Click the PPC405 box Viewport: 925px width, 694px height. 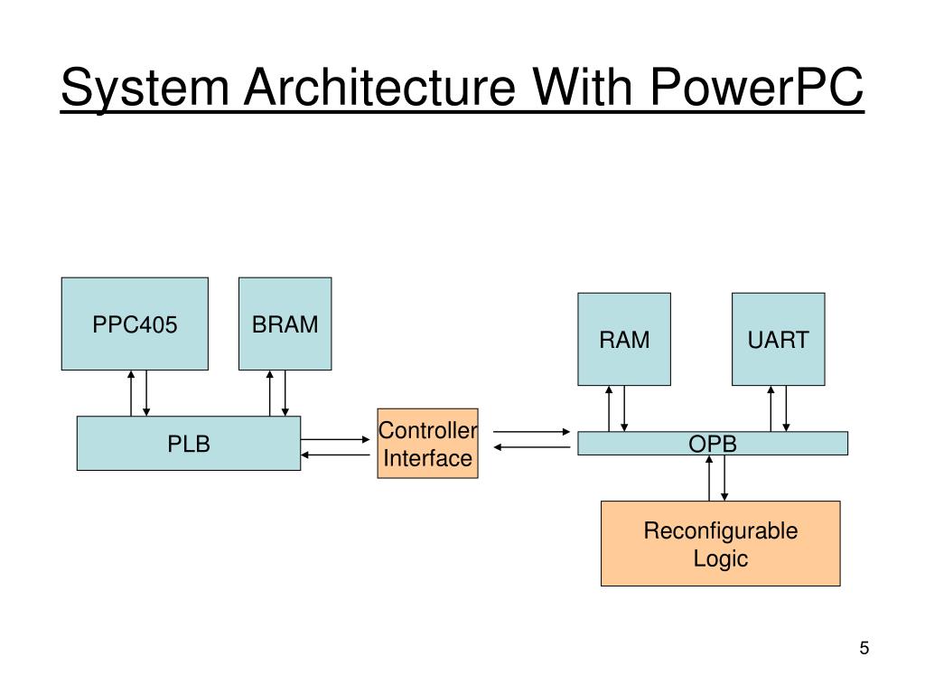point(135,324)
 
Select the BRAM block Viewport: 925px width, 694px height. point(285,324)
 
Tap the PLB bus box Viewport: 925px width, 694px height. point(188,443)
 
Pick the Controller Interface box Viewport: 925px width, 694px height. point(427,443)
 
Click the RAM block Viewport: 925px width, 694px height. point(624,339)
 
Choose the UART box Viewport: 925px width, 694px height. point(778,339)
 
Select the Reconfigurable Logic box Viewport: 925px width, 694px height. point(720,543)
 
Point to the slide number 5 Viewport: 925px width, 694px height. point(864,648)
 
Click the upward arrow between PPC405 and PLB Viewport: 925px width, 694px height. point(132,393)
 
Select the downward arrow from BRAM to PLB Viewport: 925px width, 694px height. point(285,393)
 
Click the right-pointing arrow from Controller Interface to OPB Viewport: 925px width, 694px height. point(532,432)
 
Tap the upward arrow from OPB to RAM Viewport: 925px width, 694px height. point(610,408)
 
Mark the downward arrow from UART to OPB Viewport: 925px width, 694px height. point(786,408)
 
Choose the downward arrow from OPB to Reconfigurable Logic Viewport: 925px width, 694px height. point(724,478)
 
